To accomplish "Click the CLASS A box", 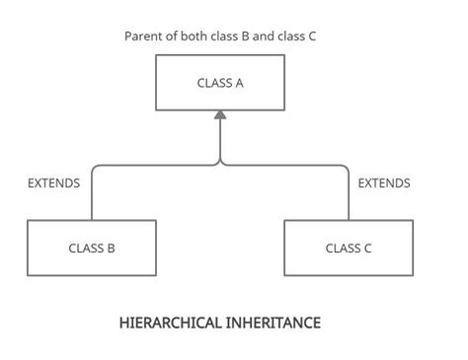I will click(220, 82).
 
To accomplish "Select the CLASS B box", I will click(91, 248).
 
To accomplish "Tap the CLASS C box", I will click(349, 248).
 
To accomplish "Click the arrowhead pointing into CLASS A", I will click(220, 116).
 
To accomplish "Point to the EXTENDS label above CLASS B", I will click(54, 182).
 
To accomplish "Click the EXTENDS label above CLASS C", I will click(384, 182).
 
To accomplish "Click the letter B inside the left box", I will click(111, 249).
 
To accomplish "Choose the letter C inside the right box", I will click(367, 249).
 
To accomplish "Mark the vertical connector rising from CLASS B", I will click(92, 197).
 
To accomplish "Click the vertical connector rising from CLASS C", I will click(349, 197).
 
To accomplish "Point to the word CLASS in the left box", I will click(85, 249).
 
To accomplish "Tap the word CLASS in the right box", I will click(342, 249).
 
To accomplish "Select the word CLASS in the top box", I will click(214, 83).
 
